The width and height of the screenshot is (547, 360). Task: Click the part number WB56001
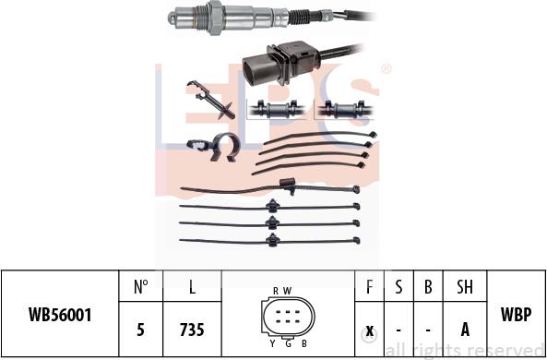pyautogui.click(x=60, y=315)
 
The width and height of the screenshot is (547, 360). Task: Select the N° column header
pyautogui.click(x=140, y=287)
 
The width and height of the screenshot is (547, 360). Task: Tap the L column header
pyautogui.click(x=192, y=287)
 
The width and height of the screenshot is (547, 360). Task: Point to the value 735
pyautogui.click(x=192, y=330)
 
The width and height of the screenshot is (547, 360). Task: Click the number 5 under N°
pyautogui.click(x=140, y=330)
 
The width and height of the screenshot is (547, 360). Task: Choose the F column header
pyautogui.click(x=370, y=287)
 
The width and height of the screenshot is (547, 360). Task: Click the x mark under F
pyautogui.click(x=370, y=330)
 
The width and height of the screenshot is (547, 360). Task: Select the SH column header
pyautogui.click(x=465, y=287)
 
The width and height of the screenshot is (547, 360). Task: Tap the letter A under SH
pyautogui.click(x=465, y=330)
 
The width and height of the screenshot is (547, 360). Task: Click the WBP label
pyautogui.click(x=516, y=314)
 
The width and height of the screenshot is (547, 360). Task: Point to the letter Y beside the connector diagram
pyautogui.click(x=272, y=344)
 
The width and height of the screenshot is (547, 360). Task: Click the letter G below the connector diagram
pyautogui.click(x=288, y=344)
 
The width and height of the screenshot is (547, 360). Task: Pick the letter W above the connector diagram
pyautogui.click(x=287, y=291)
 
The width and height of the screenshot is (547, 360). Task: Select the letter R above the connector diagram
pyautogui.click(x=276, y=291)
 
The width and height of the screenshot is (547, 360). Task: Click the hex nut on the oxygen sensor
pyautogui.click(x=216, y=17)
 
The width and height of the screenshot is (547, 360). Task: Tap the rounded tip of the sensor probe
pyautogui.click(x=172, y=18)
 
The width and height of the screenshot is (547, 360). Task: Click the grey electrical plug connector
pyautogui.click(x=281, y=64)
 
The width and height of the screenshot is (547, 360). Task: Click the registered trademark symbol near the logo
pyautogui.click(x=386, y=69)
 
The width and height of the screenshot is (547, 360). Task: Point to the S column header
pyautogui.click(x=398, y=287)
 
